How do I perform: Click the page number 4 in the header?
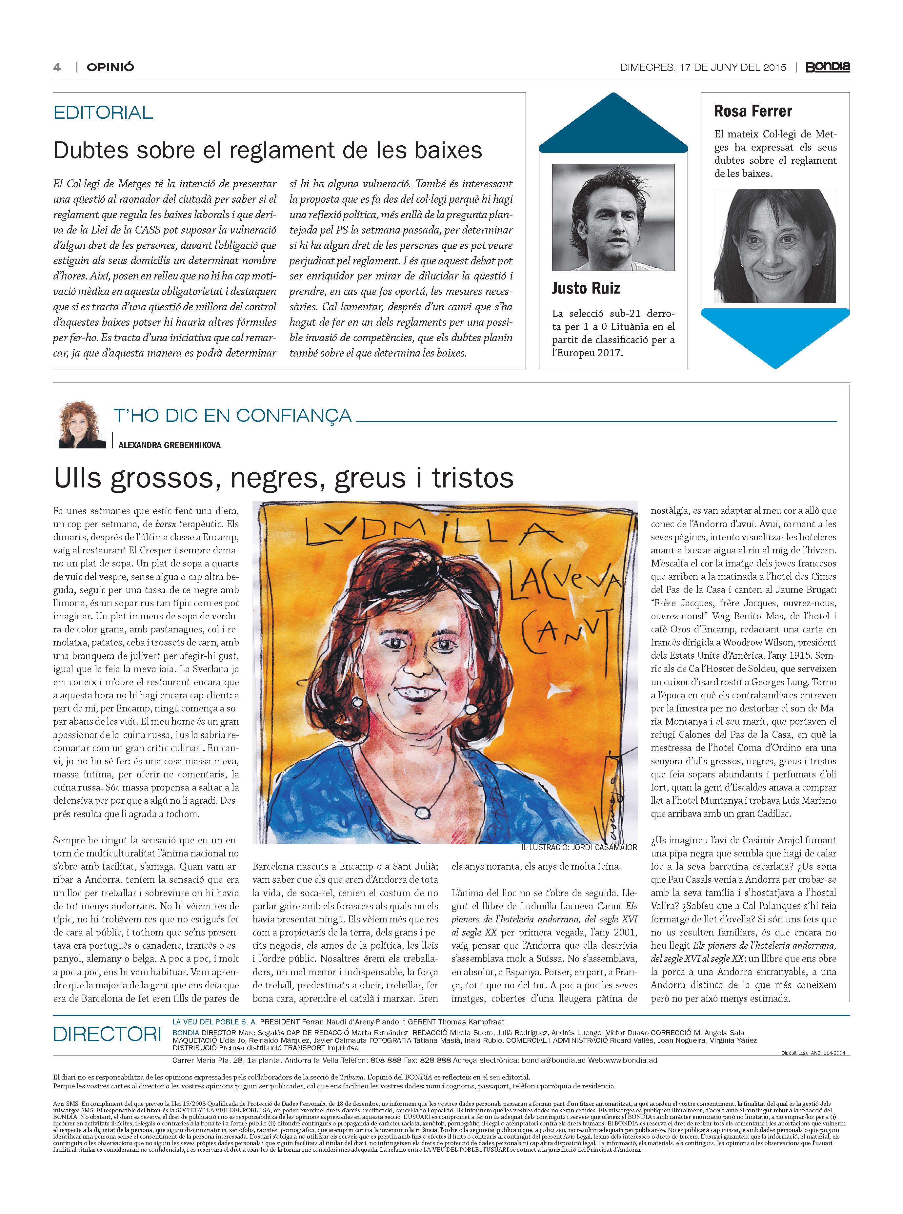(57, 67)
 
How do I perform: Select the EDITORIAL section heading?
(103, 113)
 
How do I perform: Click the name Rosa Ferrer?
(753, 112)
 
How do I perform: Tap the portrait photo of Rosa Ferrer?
(774, 246)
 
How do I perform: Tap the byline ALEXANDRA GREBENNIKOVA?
(170, 445)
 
